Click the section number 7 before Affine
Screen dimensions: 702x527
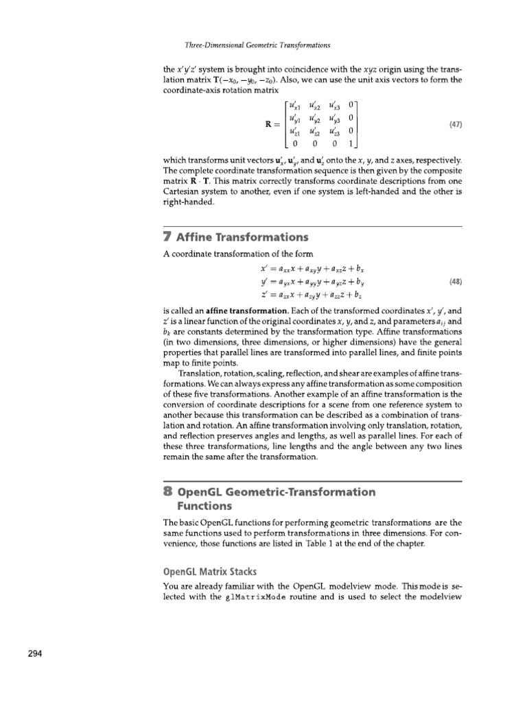tap(168, 237)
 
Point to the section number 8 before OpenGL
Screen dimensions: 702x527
tap(168, 492)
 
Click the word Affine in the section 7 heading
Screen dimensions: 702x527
tap(199, 238)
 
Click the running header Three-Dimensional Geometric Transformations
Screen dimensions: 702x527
tap(259, 45)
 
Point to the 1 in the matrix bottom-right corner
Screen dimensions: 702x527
tap(350, 145)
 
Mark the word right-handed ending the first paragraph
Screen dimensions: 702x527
tap(188, 203)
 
